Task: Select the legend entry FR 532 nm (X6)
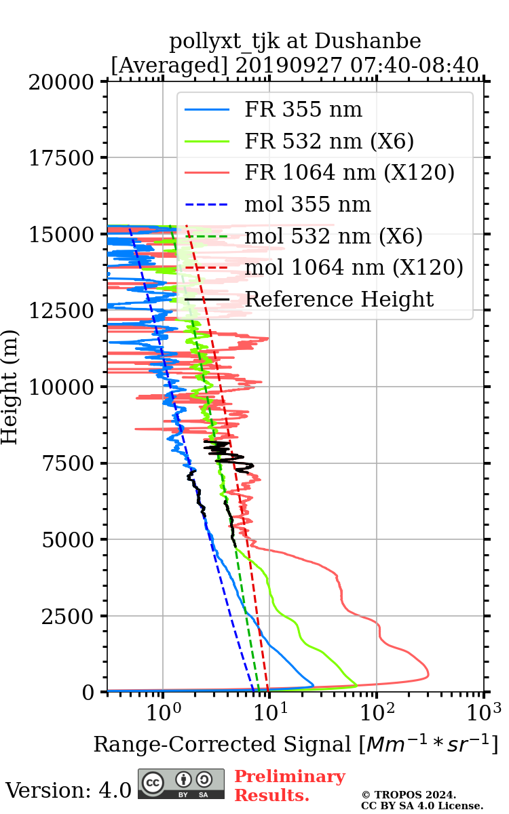(x=329, y=141)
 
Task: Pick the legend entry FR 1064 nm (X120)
(x=349, y=173)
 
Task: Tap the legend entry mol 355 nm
(x=307, y=204)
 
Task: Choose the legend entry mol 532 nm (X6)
(x=333, y=236)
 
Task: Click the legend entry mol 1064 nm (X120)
(x=354, y=268)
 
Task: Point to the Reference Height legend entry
(x=339, y=299)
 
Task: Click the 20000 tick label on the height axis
(x=62, y=82)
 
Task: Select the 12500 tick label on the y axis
(x=62, y=311)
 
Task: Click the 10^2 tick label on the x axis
(x=377, y=712)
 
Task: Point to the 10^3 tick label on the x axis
(x=484, y=712)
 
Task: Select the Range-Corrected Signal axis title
(x=295, y=744)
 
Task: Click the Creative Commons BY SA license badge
(x=181, y=783)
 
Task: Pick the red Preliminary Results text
(x=289, y=786)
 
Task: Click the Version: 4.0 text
(x=69, y=790)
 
